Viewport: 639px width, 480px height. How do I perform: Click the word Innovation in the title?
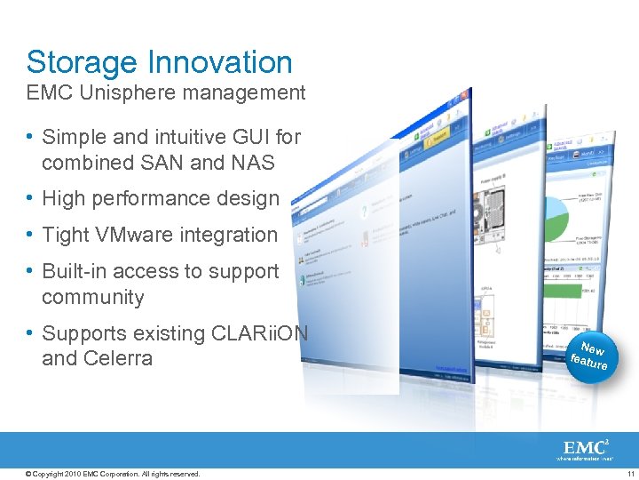pos(220,63)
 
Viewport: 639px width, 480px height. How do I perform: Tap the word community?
pos(92,297)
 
